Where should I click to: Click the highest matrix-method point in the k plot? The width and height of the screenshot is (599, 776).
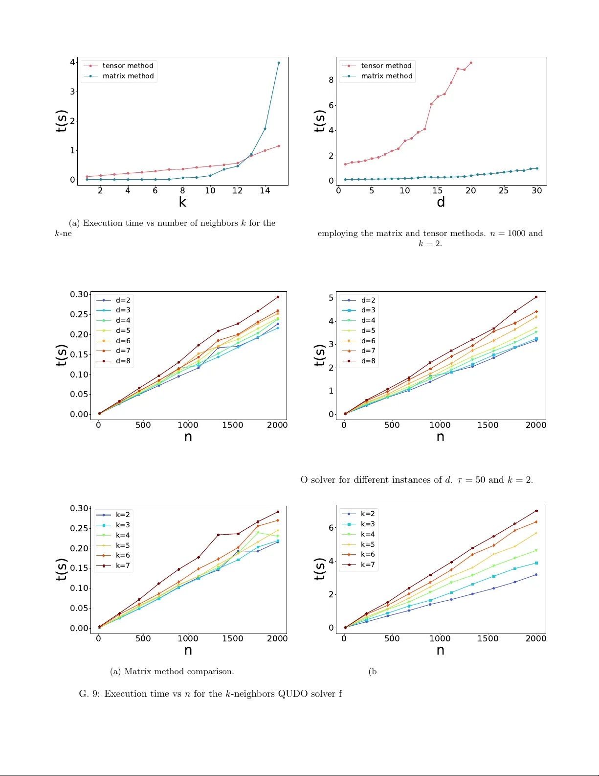coord(279,63)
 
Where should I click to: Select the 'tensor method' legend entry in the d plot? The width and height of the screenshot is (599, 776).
coord(386,66)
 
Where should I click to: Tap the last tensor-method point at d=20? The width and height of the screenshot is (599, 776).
coord(471,63)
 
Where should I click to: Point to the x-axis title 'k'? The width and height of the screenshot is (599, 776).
coord(182,202)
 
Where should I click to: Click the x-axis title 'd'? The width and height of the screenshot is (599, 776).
coord(441,202)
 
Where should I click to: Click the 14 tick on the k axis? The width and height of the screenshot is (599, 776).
coord(265,191)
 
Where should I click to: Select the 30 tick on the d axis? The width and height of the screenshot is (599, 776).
coord(536,191)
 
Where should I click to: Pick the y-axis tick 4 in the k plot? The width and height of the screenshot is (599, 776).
coord(72,62)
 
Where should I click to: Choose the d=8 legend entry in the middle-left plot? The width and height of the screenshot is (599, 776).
coord(123,361)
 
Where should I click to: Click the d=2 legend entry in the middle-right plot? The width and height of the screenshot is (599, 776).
coord(368,300)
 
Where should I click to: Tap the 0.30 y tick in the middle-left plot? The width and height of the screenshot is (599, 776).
coord(79,294)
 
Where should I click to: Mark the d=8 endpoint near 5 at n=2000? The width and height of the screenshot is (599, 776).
coord(536,297)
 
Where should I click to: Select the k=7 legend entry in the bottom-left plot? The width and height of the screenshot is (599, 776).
coord(123,565)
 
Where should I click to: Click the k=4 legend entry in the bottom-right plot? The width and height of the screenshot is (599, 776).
coord(368,534)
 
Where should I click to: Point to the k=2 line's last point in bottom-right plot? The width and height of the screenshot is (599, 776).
coord(536,574)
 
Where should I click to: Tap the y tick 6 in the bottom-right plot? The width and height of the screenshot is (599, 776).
coord(331,528)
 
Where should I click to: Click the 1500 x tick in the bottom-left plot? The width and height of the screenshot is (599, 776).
coord(232,638)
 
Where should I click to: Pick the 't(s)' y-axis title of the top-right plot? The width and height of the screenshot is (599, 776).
coord(319,121)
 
